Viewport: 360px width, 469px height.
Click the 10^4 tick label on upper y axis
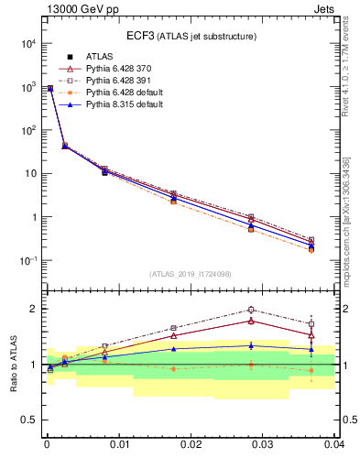[27, 43]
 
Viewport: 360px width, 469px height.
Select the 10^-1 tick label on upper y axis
[27, 261]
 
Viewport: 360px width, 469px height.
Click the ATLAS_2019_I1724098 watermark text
[191, 274]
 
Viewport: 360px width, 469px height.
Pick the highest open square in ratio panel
[250, 310]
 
